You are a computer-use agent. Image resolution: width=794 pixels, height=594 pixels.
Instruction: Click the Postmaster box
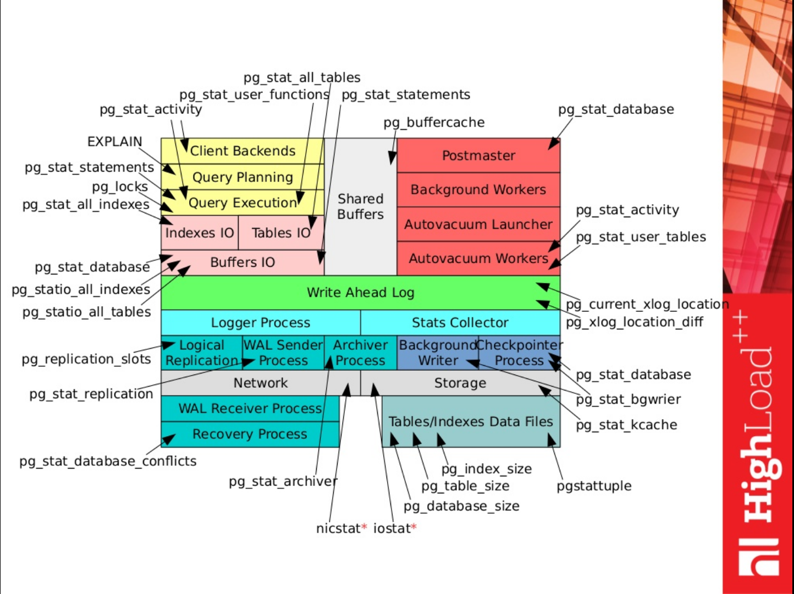click(478, 156)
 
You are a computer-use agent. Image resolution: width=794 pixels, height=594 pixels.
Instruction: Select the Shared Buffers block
click(360, 207)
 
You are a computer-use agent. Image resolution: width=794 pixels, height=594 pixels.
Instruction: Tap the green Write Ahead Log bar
click(360, 293)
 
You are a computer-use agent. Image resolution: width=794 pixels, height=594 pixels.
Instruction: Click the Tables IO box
click(280, 233)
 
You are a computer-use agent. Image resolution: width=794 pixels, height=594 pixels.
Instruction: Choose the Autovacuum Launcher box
click(478, 224)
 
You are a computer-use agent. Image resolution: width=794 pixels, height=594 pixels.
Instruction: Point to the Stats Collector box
click(460, 323)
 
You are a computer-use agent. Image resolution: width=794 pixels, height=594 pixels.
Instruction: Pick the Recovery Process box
click(250, 435)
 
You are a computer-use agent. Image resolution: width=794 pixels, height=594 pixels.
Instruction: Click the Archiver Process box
click(360, 353)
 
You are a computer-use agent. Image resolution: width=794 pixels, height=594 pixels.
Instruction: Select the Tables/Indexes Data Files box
click(470, 422)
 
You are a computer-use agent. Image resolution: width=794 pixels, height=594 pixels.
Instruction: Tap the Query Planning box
click(242, 177)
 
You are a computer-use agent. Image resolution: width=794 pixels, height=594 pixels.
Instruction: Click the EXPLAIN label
click(114, 142)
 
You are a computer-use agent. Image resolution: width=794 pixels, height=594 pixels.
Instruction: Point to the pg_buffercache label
click(434, 123)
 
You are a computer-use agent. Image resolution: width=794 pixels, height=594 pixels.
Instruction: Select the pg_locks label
click(120, 187)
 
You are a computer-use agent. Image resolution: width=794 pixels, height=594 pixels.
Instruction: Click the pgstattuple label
click(594, 486)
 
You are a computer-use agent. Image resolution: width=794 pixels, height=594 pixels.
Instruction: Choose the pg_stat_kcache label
click(626, 425)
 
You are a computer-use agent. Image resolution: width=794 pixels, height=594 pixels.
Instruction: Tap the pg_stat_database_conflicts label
click(108, 461)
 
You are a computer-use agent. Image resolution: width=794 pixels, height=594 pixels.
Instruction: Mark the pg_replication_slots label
click(86, 360)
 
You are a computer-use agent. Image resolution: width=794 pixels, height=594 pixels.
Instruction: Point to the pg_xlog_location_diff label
click(634, 322)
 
